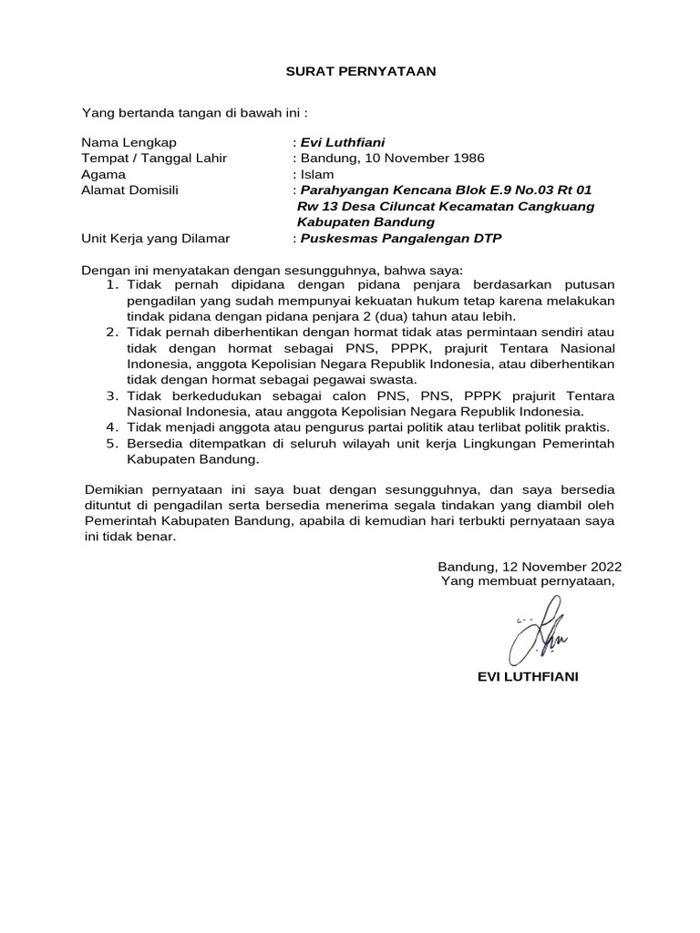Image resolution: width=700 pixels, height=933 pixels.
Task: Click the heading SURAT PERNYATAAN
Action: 350,71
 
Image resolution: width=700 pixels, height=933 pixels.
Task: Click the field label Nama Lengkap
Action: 129,142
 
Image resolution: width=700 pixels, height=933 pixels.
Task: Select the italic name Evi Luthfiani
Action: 342,142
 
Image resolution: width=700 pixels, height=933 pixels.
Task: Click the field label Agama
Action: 103,174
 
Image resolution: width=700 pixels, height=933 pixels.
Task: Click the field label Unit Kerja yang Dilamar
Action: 156,239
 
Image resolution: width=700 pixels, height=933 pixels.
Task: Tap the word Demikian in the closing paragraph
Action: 114,489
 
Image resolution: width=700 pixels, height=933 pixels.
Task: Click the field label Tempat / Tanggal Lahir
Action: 154,158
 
